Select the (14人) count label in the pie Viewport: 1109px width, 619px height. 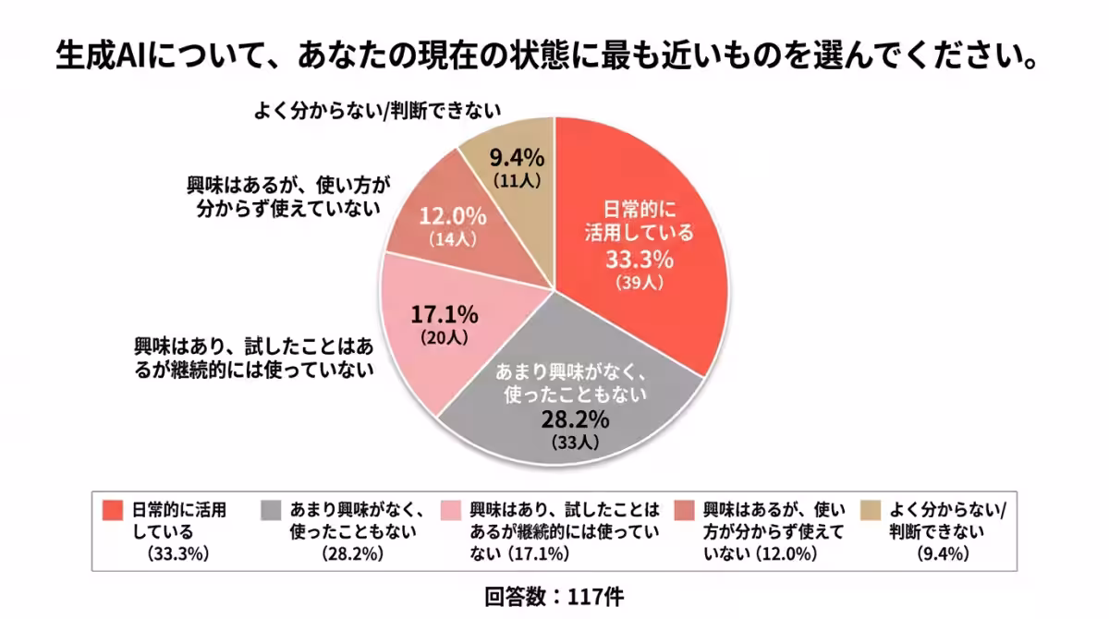pos(453,239)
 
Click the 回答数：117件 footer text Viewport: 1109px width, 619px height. pos(554,596)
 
